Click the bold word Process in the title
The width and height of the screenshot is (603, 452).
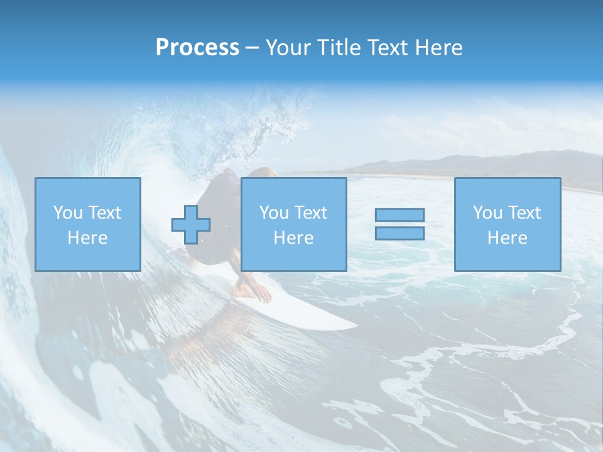click(x=197, y=48)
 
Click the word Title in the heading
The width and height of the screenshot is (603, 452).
click(x=340, y=48)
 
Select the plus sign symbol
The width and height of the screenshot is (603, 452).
click(x=191, y=225)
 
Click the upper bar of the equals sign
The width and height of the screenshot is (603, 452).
click(x=399, y=215)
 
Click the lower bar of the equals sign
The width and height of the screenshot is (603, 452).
click(x=399, y=233)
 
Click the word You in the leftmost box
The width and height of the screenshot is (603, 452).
click(x=67, y=213)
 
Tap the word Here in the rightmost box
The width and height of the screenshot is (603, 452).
click(x=507, y=238)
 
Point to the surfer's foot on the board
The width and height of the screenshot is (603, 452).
click(x=246, y=291)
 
